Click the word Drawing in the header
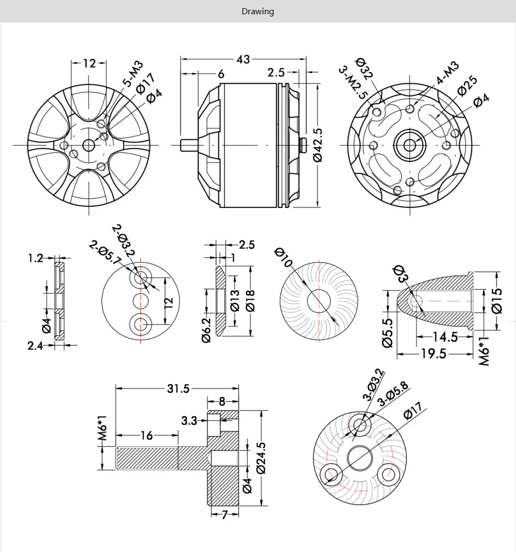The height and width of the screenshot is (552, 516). (x=257, y=11)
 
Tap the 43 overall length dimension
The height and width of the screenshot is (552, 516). (x=243, y=59)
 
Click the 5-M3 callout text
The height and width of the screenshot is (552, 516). (x=132, y=74)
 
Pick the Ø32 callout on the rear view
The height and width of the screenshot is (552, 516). (x=364, y=69)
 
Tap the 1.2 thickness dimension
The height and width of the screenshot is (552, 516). (x=36, y=257)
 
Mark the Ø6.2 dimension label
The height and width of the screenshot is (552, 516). (x=206, y=330)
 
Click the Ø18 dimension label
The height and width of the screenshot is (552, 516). (x=250, y=299)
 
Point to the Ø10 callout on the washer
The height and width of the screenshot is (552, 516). (x=284, y=259)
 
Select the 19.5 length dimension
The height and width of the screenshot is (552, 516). (x=434, y=354)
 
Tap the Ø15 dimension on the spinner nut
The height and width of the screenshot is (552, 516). (x=497, y=300)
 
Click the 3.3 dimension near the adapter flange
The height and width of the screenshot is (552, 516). (x=189, y=421)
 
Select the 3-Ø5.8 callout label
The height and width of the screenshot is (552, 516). (x=394, y=395)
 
